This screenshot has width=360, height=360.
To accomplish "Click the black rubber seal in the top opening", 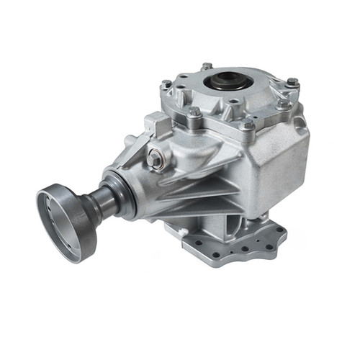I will click(x=225, y=81).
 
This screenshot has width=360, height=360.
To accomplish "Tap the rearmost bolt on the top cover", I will click(x=207, y=67).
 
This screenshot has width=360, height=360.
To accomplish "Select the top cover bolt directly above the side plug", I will click(x=194, y=113).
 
